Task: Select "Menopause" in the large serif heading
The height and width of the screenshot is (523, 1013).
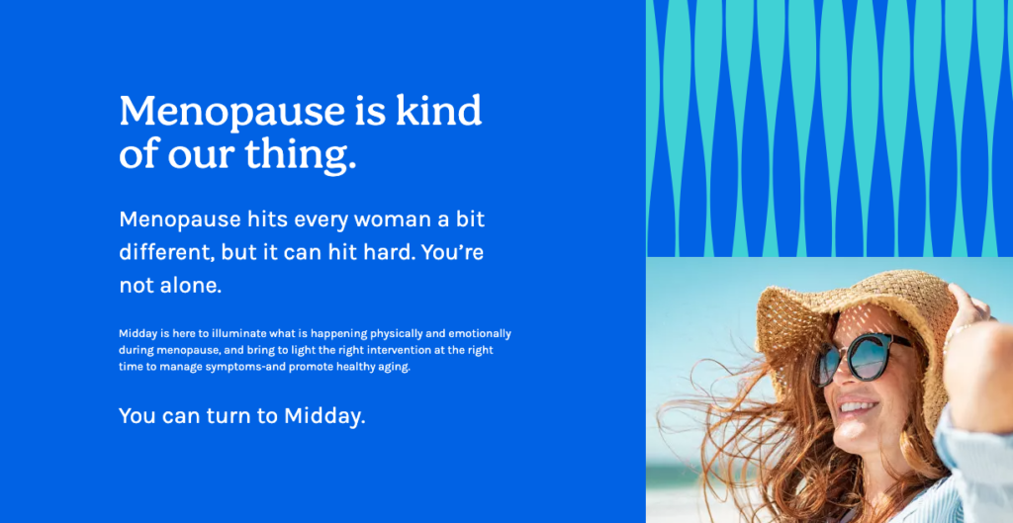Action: [x=231, y=111]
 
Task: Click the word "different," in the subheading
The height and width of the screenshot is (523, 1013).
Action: [x=166, y=252]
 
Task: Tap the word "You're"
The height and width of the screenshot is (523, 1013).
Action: [x=452, y=252]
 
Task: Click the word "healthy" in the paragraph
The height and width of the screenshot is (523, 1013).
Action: [x=353, y=368]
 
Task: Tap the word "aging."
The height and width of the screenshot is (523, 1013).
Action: [x=394, y=369]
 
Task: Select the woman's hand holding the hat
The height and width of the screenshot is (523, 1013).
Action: [x=972, y=309]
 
